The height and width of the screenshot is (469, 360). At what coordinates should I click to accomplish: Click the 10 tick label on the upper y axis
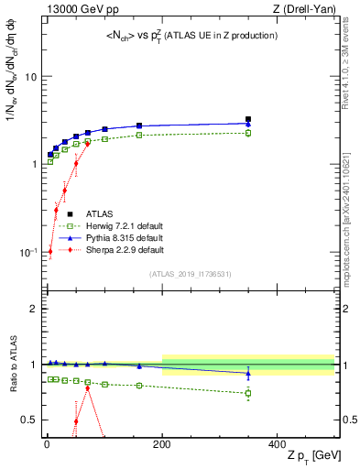(x=30, y=77)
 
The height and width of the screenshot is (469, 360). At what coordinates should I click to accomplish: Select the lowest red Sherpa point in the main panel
(x=49, y=251)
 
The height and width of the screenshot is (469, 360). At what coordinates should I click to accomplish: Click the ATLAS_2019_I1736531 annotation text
(x=191, y=273)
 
